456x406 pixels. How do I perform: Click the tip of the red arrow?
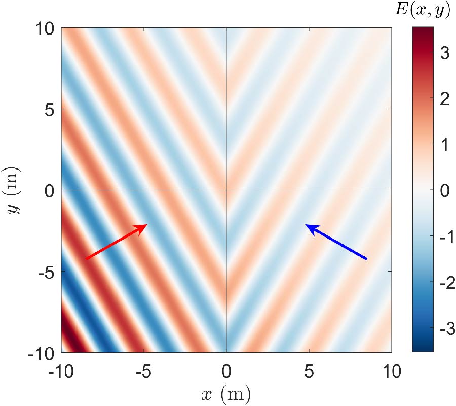point(147,224)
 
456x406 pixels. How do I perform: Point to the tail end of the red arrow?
point(85,259)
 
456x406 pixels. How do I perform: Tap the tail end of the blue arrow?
point(367,259)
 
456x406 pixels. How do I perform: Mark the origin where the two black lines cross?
point(226,190)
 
